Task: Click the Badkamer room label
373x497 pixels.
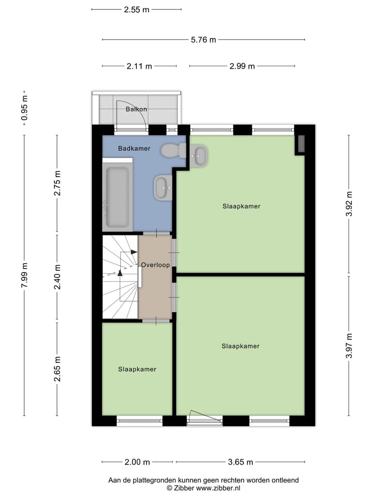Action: tap(134, 149)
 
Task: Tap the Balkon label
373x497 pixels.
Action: tap(136, 109)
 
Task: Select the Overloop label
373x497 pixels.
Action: tap(155, 265)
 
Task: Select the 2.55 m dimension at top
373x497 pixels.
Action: tap(136, 9)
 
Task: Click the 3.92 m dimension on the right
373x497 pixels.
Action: tap(349, 203)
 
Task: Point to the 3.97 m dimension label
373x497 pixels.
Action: tap(349, 345)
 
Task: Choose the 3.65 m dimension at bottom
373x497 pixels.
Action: tap(240, 462)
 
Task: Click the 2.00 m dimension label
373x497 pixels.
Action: tap(137, 462)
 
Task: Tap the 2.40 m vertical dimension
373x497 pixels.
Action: tap(58, 277)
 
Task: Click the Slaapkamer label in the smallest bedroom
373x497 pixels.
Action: tap(137, 369)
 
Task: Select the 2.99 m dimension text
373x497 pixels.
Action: tap(242, 66)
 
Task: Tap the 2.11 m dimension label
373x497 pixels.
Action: tap(139, 66)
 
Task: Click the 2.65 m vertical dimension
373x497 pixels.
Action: tap(58, 369)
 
